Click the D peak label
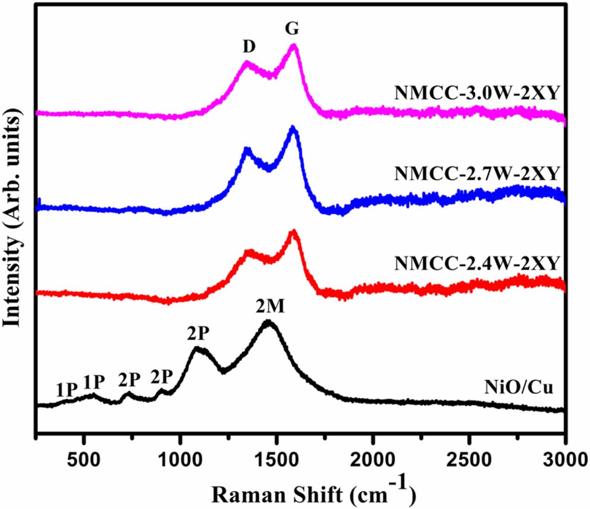click(x=249, y=47)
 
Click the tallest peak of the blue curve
click(x=293, y=128)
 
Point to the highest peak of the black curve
click(x=268, y=322)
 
